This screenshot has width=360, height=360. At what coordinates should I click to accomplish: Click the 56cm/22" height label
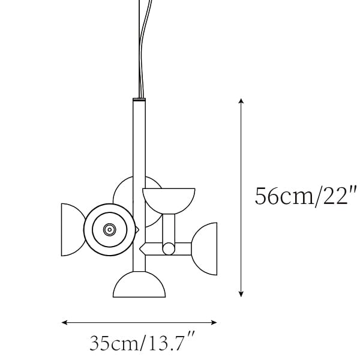point(306,196)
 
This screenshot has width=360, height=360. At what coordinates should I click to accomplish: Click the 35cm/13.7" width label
point(142,343)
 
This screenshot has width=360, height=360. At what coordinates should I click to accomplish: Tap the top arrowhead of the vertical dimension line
point(241,101)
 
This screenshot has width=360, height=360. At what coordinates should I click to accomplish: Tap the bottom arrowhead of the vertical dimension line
point(241,295)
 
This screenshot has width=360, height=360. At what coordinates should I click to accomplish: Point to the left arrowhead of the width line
point(64,323)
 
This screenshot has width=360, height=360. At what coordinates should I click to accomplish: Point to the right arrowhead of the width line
point(214,323)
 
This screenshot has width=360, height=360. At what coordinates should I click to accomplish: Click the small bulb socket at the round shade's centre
point(110,229)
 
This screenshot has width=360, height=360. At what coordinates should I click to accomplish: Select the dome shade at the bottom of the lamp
point(139,284)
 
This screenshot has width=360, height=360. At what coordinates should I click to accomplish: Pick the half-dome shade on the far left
point(73,230)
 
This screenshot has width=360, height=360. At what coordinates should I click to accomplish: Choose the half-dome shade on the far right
point(205,248)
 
